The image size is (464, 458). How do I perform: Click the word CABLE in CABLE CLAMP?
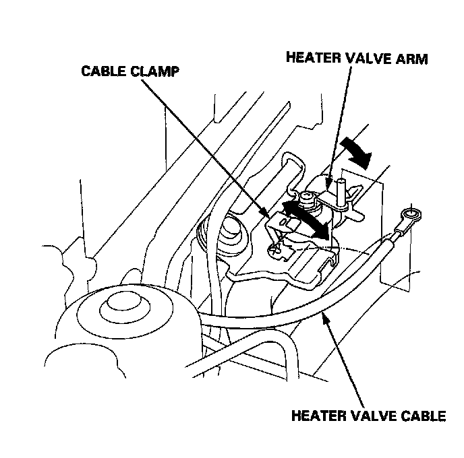(x=103, y=71)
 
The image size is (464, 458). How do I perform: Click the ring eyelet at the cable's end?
(x=409, y=216)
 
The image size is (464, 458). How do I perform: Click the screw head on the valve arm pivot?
(x=307, y=197)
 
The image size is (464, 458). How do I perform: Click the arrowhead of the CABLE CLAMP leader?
(x=269, y=216)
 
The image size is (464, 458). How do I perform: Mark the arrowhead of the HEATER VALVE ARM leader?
(x=328, y=182)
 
